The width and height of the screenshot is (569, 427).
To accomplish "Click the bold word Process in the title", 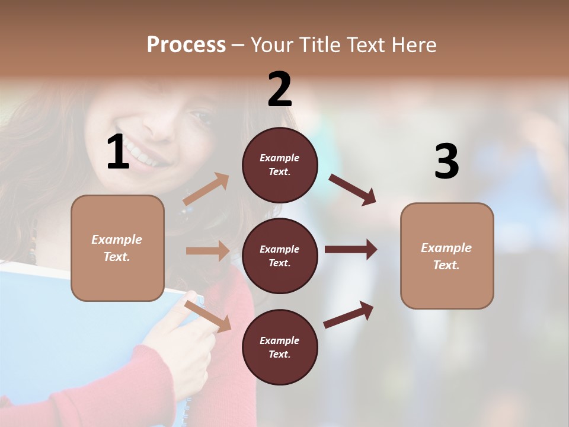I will coord(186,45).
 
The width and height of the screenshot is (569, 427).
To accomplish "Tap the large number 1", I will coord(118,152).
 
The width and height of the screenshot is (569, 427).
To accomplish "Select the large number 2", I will coord(280,90).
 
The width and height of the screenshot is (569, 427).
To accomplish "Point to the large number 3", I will coord(446,162).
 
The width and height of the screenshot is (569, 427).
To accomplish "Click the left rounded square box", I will coord(117,248).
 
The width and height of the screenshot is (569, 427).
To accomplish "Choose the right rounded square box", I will coord(447,256).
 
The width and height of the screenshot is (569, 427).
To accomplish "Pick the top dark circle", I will coord(280,165).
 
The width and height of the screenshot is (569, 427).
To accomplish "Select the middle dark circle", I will coord(280,256).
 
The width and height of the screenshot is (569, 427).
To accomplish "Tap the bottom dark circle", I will coord(280,347).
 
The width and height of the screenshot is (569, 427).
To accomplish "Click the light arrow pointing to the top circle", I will coord(206,189).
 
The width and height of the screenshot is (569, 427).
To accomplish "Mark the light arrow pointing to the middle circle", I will coord(207,251).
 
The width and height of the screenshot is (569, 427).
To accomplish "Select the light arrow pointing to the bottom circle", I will coord(207,316).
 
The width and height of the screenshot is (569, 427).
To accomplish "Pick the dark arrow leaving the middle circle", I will coord(350,250).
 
